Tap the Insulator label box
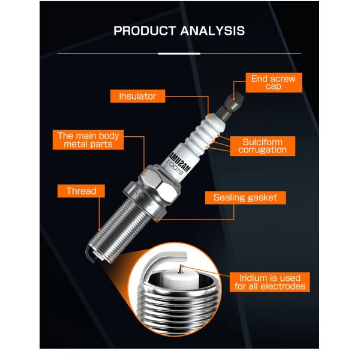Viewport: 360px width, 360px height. click(137, 96)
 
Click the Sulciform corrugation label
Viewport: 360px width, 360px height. click(263, 146)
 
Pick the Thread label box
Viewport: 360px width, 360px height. click(82, 191)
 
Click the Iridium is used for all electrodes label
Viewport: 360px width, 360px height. click(271, 282)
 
